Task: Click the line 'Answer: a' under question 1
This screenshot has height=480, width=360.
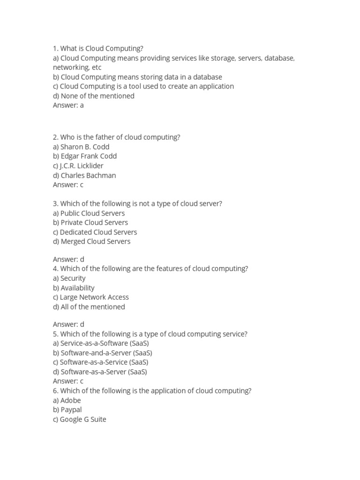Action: (x=68, y=105)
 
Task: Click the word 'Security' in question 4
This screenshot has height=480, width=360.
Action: (x=73, y=278)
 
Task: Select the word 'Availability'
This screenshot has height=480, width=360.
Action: (x=77, y=288)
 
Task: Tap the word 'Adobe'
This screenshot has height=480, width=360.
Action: (x=71, y=400)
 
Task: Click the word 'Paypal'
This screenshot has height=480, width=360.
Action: (x=71, y=410)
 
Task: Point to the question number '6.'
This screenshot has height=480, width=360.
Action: (x=56, y=390)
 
